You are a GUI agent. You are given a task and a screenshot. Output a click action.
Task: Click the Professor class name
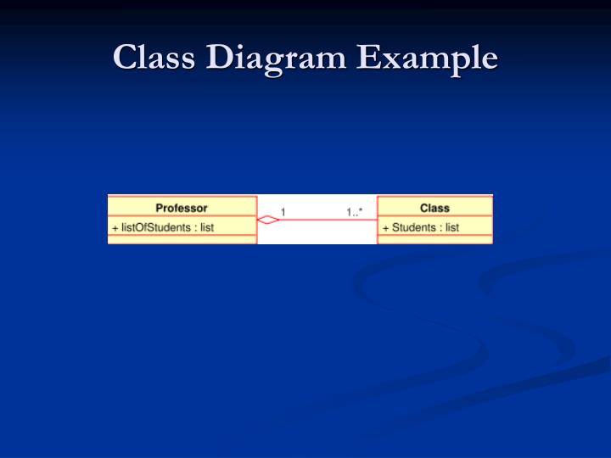tap(182, 208)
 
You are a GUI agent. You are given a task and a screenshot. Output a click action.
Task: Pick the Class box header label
tap(434, 208)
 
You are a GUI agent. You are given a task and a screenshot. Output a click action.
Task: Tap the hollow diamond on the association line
tap(268, 220)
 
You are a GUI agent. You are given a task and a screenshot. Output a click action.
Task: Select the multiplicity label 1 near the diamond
tap(283, 211)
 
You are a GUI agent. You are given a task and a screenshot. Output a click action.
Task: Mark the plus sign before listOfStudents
tap(115, 227)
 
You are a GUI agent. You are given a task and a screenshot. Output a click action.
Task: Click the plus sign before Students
tap(385, 227)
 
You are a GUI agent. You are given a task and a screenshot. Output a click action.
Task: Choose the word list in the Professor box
tap(207, 227)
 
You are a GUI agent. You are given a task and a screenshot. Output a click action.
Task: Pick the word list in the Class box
tap(452, 227)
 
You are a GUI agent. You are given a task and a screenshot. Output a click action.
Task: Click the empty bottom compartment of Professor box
tap(182, 240)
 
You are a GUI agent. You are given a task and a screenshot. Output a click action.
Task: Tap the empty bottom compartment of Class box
tap(434, 240)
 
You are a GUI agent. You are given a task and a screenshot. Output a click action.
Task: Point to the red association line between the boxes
tap(327, 220)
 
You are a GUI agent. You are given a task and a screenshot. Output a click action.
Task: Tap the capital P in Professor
tap(160, 208)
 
